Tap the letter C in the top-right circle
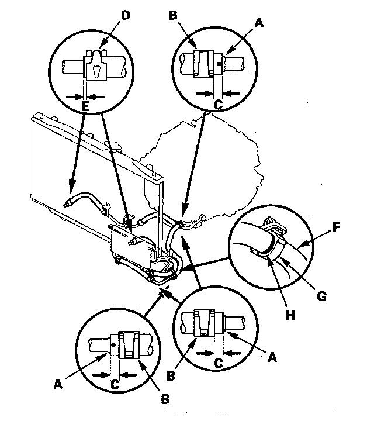(x=219, y=104)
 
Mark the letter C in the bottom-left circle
(x=116, y=384)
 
